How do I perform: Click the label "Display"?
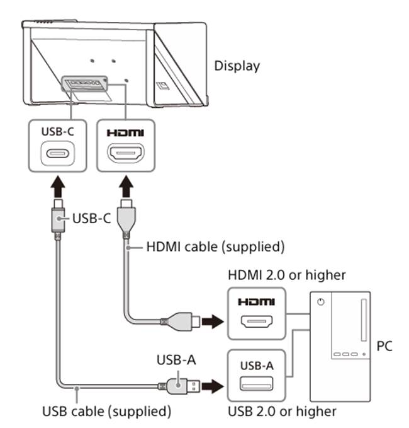point(237,66)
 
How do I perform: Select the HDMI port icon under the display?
point(125,154)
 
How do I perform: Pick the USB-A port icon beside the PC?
point(257,383)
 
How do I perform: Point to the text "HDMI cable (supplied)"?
point(215,247)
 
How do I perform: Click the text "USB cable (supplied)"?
point(107,412)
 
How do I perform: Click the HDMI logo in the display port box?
point(125,133)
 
